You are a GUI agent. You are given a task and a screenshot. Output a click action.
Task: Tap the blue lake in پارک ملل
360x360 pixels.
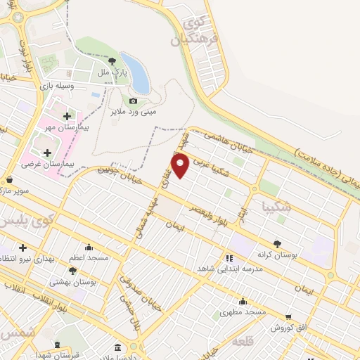(x=136, y=73)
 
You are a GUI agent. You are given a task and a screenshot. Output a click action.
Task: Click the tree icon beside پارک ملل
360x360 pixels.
(x=112, y=61)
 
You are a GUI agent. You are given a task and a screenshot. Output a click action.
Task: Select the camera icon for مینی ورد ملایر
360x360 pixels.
(x=133, y=101)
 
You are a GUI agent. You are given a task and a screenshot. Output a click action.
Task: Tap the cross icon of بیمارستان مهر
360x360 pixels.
(x=67, y=116)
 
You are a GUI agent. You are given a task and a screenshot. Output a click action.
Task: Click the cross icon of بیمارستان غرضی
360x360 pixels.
(x=47, y=153)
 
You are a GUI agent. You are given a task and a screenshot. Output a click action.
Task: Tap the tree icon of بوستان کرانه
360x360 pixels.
(x=278, y=243)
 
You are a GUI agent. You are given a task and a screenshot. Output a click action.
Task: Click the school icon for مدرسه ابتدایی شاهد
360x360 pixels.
(x=229, y=258)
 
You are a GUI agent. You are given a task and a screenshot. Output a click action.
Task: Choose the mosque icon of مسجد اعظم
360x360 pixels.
(x=89, y=247)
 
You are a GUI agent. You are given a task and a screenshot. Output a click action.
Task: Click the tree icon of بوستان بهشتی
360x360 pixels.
(x=72, y=270)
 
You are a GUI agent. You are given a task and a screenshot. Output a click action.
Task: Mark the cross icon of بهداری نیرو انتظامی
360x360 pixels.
(x=22, y=248)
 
